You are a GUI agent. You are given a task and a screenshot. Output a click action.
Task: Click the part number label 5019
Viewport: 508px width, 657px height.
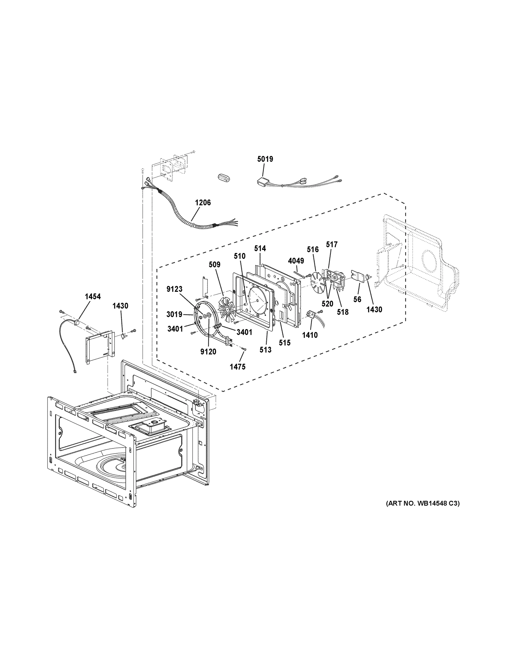coord(265,159)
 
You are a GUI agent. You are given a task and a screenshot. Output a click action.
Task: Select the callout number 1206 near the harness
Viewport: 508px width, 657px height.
coord(203,203)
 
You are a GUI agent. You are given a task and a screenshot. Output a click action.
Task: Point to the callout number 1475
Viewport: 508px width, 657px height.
coord(237,367)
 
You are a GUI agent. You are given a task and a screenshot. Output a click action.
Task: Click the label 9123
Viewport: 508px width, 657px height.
coord(174,289)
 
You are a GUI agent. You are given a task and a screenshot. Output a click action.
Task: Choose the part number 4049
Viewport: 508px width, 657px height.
coord(296,261)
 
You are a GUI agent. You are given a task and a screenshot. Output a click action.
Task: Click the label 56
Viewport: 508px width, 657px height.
coord(357,299)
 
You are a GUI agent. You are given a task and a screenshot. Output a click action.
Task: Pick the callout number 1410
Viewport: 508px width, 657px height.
coord(310,335)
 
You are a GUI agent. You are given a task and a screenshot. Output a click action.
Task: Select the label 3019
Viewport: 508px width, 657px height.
coord(174,315)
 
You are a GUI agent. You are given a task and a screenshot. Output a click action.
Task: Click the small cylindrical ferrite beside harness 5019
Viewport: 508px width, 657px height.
coord(224,177)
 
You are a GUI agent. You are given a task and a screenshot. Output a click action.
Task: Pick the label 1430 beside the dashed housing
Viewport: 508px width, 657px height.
coord(374,310)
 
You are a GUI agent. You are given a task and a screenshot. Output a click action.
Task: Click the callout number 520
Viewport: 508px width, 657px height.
coord(327,304)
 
